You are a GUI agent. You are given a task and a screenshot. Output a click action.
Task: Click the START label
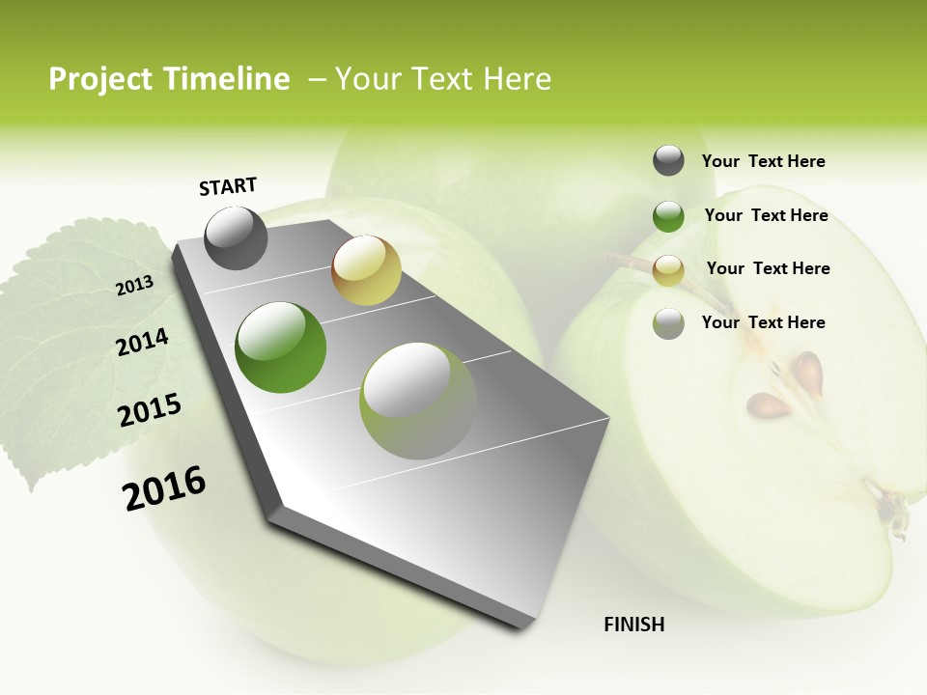(x=228, y=186)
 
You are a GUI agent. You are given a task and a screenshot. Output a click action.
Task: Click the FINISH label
(x=634, y=625)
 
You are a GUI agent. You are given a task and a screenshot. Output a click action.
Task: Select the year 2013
(x=135, y=286)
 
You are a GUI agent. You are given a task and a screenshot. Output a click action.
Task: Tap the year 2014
(x=143, y=343)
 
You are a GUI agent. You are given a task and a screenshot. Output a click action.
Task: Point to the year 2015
(x=150, y=410)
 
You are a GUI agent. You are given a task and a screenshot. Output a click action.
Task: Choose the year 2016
(x=164, y=487)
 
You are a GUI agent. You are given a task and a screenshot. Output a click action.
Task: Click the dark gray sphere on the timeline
(x=237, y=237)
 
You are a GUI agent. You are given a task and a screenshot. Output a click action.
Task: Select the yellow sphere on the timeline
(x=366, y=270)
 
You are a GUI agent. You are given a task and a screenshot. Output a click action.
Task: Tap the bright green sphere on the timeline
(x=280, y=347)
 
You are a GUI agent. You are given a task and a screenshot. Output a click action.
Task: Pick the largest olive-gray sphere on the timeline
(x=417, y=401)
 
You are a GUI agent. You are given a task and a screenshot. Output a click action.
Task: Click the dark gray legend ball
(x=668, y=160)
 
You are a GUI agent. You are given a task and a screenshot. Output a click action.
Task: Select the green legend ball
(x=668, y=216)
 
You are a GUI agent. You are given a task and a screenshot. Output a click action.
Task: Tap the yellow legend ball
(x=668, y=270)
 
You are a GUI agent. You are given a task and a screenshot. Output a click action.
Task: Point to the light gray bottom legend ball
(x=668, y=323)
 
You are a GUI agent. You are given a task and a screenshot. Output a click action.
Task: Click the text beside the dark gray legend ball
(x=763, y=161)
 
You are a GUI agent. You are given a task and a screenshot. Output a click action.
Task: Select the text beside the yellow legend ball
(x=768, y=268)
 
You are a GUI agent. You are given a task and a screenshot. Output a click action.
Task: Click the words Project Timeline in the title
(x=169, y=79)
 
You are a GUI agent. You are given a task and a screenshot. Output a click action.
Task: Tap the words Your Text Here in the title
(x=443, y=79)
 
